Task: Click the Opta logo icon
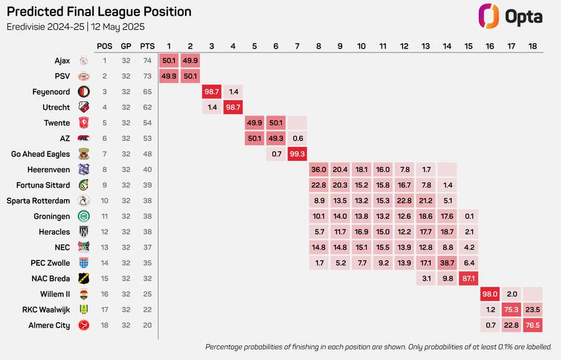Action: click(x=489, y=16)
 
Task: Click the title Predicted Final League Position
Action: click(x=98, y=12)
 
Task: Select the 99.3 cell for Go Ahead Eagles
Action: click(x=297, y=154)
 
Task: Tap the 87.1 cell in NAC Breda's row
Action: click(x=468, y=278)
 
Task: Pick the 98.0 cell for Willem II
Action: click(x=489, y=294)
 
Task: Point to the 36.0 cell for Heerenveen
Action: click(x=319, y=169)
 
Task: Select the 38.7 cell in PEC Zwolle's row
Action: click(x=447, y=263)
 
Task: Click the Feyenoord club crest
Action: click(x=84, y=92)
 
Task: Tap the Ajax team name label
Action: click(x=62, y=60)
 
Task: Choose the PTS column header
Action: click(x=148, y=45)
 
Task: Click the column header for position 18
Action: click(x=532, y=45)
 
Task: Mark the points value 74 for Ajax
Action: click(x=148, y=60)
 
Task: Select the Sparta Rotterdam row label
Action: click(x=38, y=201)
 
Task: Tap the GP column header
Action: click(x=126, y=45)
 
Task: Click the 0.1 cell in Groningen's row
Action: click(x=468, y=216)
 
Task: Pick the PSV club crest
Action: click(x=84, y=76)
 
